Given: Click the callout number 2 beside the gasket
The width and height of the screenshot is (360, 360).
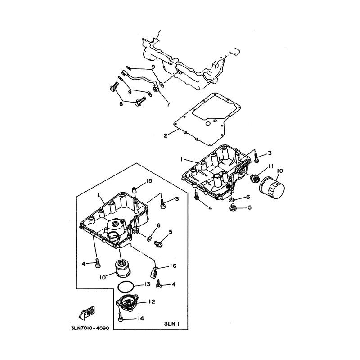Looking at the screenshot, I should tap(166, 135).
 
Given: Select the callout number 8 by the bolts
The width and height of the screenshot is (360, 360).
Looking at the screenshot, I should tap(121, 104).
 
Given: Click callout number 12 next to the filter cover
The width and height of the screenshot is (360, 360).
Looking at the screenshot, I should tap(152, 301).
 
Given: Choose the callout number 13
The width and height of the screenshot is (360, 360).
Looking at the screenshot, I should tap(147, 284).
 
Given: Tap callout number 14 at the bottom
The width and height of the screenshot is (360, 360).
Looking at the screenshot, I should tap(141, 319).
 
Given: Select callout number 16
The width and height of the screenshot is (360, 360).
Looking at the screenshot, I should tap(172, 266).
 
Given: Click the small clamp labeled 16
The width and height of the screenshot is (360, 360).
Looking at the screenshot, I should tap(154, 271).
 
